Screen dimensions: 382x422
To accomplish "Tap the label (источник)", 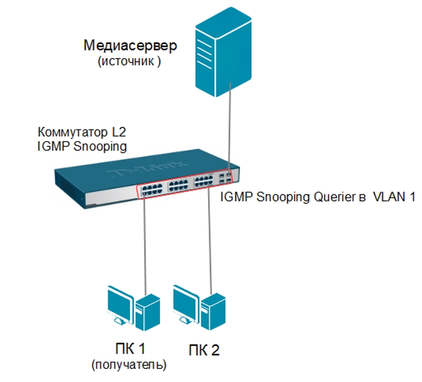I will [130, 61].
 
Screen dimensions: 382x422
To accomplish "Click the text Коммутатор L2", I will [82, 132].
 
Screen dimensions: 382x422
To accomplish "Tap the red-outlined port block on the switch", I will [176, 185].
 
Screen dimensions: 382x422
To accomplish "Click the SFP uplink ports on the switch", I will [226, 178].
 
